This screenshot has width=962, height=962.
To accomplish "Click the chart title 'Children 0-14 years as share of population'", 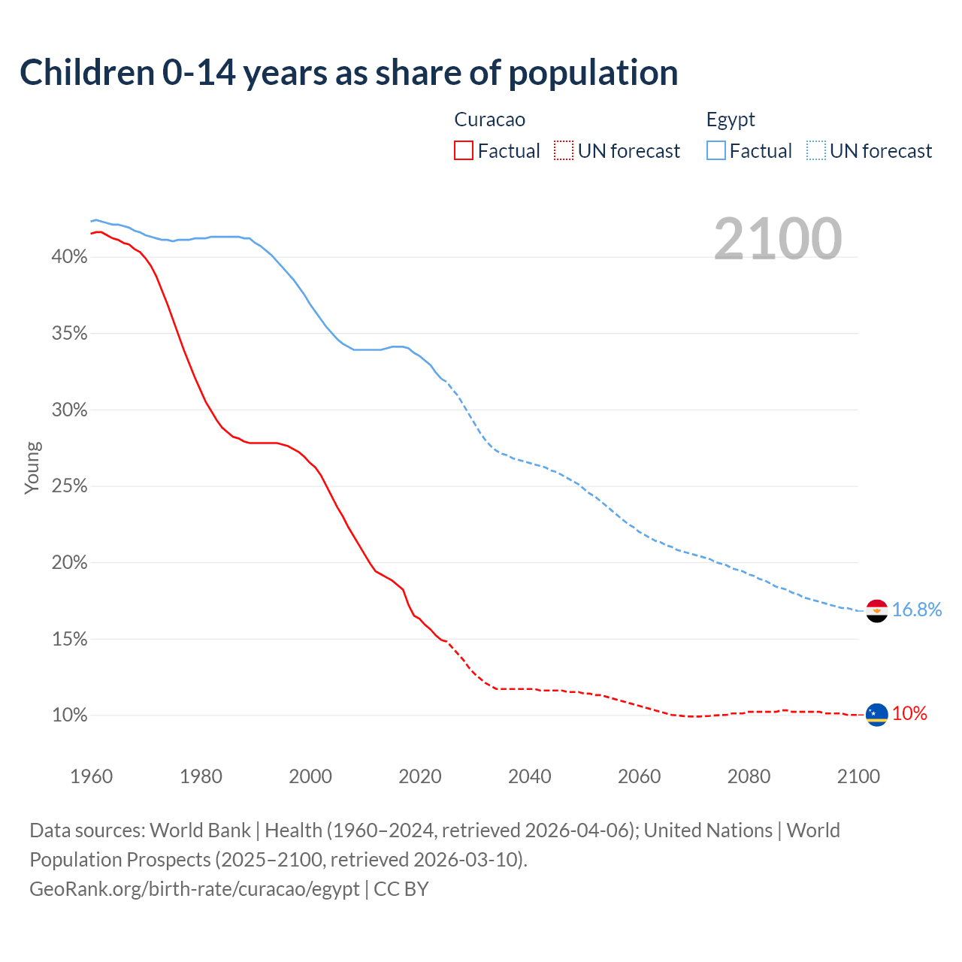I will [x=349, y=73].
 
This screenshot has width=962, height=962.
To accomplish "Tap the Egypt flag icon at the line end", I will [x=876, y=611].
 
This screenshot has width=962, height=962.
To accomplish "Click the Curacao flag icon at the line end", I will [x=876, y=715].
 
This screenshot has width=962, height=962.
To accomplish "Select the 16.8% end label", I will [x=917, y=610].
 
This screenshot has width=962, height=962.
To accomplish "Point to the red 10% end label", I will [x=909, y=714].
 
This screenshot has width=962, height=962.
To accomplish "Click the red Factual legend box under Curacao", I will [x=464, y=151].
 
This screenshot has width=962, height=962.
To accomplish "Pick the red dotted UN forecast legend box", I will [x=564, y=151].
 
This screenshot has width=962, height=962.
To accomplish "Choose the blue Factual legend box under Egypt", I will [x=715, y=151].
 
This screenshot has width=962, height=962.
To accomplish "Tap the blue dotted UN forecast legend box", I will [x=815, y=151].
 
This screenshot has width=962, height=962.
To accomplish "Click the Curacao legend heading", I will [x=490, y=119].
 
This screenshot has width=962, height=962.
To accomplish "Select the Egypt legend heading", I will [x=731, y=119].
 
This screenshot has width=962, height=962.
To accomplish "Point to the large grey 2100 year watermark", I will [x=778, y=239].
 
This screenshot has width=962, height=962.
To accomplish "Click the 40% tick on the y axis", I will [x=69, y=257].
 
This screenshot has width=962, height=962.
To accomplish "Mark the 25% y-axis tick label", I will [x=69, y=486].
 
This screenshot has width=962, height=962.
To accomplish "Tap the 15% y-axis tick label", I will [x=69, y=639].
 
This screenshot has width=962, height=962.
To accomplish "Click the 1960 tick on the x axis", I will [x=91, y=776].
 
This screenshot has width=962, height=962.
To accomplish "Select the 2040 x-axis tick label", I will [x=529, y=776].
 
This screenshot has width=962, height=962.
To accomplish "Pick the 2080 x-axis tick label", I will [x=749, y=776].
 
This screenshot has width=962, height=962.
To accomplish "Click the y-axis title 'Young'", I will [x=32, y=467].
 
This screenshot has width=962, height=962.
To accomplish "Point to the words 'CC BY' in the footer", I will [x=401, y=889].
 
